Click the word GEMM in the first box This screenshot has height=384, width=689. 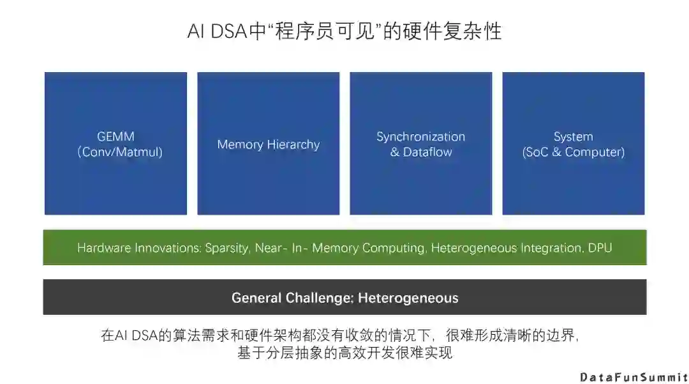pos(115,137)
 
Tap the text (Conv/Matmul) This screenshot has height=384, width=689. pos(120,152)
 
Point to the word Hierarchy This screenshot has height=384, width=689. pos(292,144)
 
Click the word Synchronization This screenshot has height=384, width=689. pos(420,137)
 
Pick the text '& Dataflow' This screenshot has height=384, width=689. pos(420,152)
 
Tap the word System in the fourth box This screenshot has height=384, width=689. pos(573,137)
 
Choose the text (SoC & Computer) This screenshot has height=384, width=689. pos(573,152)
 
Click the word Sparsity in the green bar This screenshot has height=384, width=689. pos(226,248)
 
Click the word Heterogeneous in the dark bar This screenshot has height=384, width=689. pos(408,298)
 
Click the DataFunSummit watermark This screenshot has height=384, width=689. pos(633,376)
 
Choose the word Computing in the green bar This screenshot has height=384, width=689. pos(393,248)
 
